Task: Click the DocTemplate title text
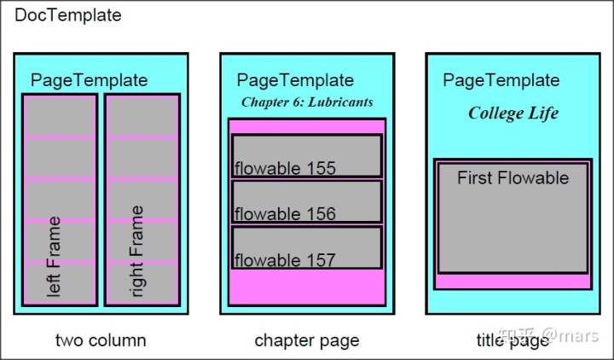coord(68,15)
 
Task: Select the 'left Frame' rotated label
coord(54,256)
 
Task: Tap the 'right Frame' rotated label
coord(137,251)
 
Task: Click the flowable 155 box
coord(307,156)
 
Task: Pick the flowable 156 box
coord(307,202)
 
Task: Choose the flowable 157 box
coord(307,248)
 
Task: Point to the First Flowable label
coord(513,178)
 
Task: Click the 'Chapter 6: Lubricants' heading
coord(307,102)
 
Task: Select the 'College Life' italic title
coord(513,113)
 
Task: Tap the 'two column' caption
coord(101,340)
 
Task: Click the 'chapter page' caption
coord(307,340)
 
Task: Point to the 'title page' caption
coord(513,340)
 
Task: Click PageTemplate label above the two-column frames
coord(90,80)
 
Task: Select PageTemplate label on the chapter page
coord(295,80)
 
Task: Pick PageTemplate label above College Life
coord(501,80)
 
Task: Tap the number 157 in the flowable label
coord(321,260)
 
